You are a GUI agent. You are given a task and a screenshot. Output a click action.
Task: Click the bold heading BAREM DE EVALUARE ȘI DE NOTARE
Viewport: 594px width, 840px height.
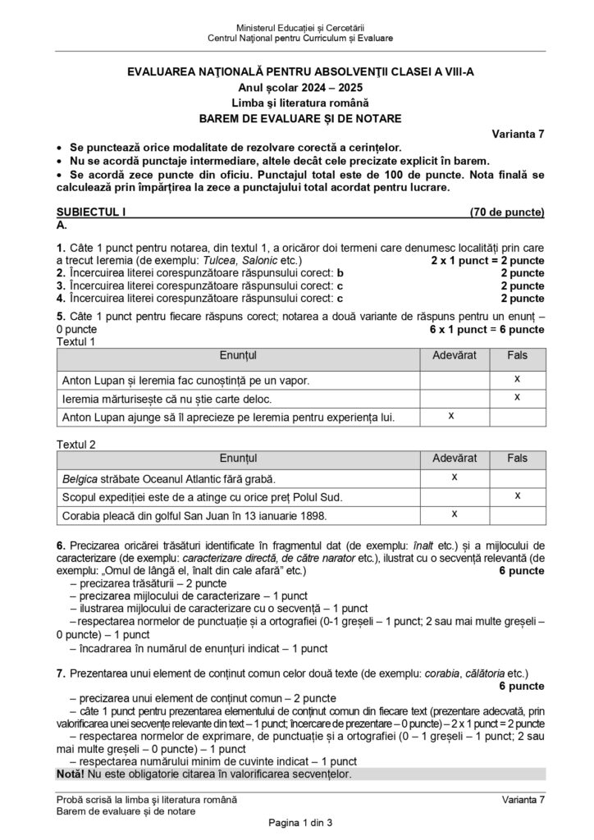pos(299,118)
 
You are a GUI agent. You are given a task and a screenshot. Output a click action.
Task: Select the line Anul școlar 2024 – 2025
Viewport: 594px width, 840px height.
pos(299,87)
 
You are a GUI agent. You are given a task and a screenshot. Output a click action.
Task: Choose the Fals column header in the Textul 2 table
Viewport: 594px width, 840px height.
pos(518,456)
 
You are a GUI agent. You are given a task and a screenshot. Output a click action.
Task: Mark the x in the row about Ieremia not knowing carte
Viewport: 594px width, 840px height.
pos(518,398)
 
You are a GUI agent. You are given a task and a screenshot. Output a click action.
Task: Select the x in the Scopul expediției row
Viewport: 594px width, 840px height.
pos(518,496)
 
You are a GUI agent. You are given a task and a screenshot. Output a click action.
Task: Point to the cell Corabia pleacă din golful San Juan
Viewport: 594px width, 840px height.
pos(194,516)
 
